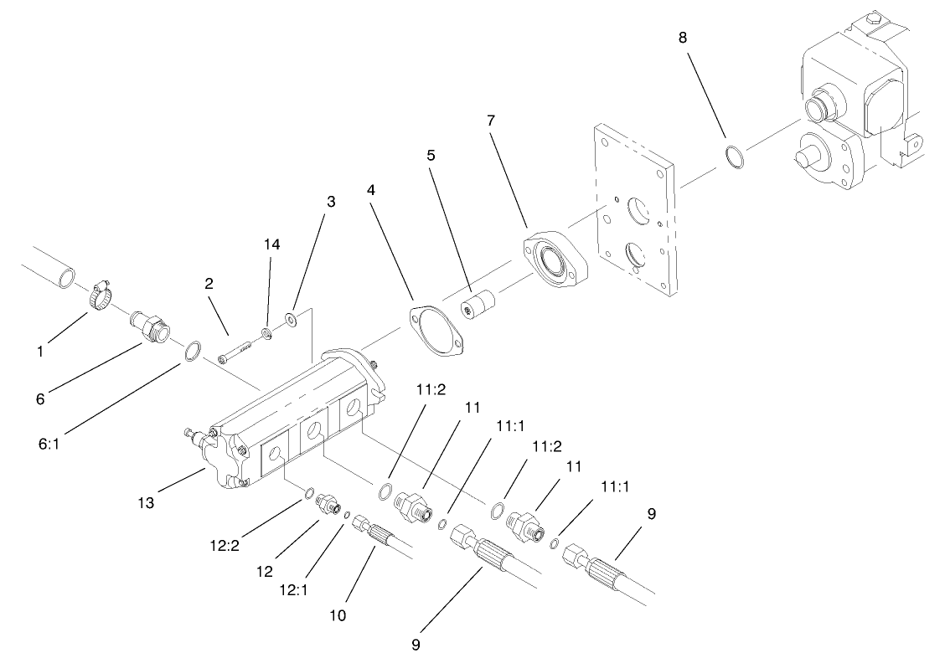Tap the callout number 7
pos(490,121)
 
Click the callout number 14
pos(271,244)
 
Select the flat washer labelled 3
pos(291,319)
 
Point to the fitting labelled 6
pos(148,326)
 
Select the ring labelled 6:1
pos(191,350)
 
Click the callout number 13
pos(147,502)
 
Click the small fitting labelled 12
pos(325,506)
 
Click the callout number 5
pos(431,156)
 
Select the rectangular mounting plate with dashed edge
pos(635,209)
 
